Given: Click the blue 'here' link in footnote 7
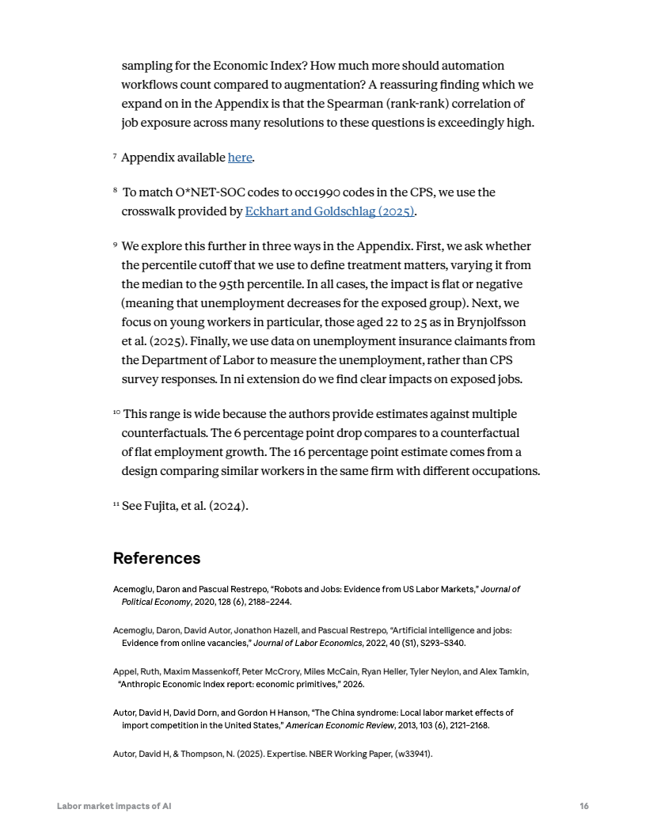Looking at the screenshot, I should click(240, 158).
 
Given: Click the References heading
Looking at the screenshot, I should click(157, 558).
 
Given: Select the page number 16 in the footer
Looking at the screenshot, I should click(583, 806).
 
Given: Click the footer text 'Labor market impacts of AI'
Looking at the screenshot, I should click(114, 806).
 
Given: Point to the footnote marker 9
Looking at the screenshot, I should click(116, 245).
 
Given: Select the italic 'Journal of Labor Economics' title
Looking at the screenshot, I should click(304, 643).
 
